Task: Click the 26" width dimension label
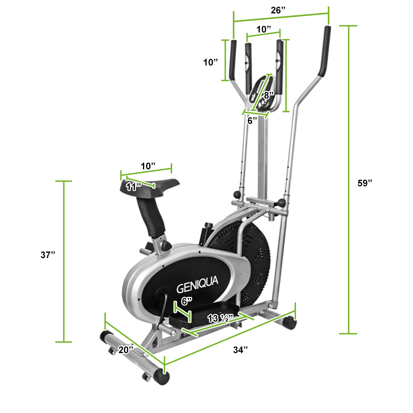278,10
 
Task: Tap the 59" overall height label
365,183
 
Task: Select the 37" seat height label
47,255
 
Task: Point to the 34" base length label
240,350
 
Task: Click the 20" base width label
126,350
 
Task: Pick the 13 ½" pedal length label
221,318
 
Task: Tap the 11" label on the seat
134,187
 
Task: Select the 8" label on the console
268,95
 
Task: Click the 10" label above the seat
148,166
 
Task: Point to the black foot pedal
203,313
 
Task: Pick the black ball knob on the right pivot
282,203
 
